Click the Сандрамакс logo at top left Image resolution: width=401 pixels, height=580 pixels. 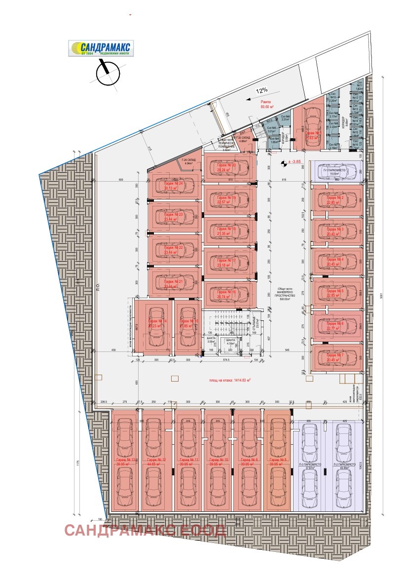(101, 49)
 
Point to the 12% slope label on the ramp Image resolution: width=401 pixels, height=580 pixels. (261, 90)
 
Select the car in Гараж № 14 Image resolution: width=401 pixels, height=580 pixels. (157, 326)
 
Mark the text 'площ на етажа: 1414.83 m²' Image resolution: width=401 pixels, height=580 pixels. (229, 380)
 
